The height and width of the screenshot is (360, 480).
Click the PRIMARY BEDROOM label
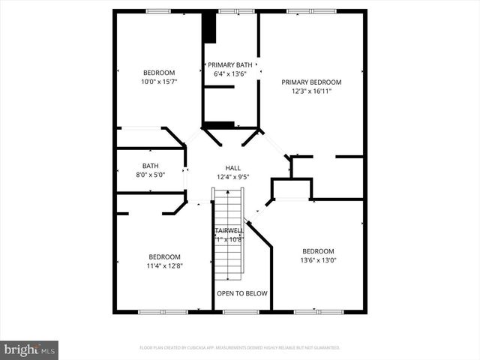point(311,82)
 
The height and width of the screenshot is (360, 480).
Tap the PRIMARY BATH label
point(230,64)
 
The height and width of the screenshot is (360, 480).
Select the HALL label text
point(232,168)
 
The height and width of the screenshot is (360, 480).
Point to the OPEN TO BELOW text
point(241,293)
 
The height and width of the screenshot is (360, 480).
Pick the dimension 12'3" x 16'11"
point(311,91)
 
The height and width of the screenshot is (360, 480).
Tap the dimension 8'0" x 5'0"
point(150,175)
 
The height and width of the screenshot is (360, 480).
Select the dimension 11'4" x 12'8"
point(164,265)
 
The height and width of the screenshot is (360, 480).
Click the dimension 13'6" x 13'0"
point(318,260)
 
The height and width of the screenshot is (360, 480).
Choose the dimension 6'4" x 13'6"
point(230,73)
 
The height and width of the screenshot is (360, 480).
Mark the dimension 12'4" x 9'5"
point(232,177)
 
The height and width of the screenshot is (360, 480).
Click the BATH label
point(150,166)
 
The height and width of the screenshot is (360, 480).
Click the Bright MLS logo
point(29,349)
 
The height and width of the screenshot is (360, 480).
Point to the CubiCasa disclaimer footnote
point(240,348)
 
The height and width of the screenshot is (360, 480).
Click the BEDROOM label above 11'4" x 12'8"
point(164,256)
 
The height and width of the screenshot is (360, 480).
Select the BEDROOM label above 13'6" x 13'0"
point(318,251)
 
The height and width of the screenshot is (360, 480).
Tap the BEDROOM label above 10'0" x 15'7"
point(158,72)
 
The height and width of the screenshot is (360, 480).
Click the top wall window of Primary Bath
point(236,11)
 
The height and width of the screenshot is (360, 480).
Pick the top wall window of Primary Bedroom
point(310,11)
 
